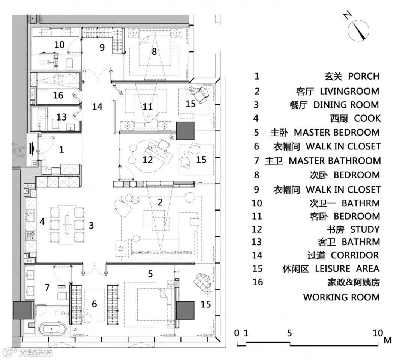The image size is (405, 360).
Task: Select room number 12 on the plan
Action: point(148,160)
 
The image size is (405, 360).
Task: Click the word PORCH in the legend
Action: point(364,76)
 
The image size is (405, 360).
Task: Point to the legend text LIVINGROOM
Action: point(349,91)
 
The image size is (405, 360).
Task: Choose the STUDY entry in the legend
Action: point(365,229)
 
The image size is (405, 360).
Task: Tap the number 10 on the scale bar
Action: point(378,333)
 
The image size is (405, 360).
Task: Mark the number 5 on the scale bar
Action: point(289,333)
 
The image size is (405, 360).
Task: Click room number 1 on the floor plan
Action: point(61,149)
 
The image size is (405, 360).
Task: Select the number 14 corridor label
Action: point(97,107)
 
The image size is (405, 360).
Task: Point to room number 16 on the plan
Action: point(58,95)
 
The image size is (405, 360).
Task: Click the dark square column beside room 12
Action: point(185,131)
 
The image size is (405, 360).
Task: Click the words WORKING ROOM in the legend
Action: point(341,297)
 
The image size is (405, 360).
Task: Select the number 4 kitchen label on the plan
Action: point(42,222)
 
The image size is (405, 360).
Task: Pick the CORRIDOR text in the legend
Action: point(355,255)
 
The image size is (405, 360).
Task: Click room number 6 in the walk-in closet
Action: point(94,304)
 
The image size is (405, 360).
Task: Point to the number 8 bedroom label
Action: point(154,51)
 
